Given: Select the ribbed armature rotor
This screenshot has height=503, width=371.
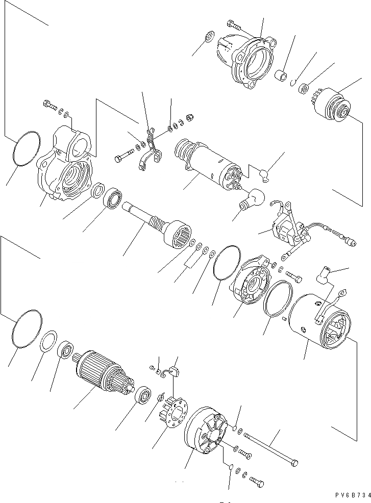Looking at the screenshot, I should [x=100, y=370].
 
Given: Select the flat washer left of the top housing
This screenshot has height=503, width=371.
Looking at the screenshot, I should [x=209, y=38].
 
